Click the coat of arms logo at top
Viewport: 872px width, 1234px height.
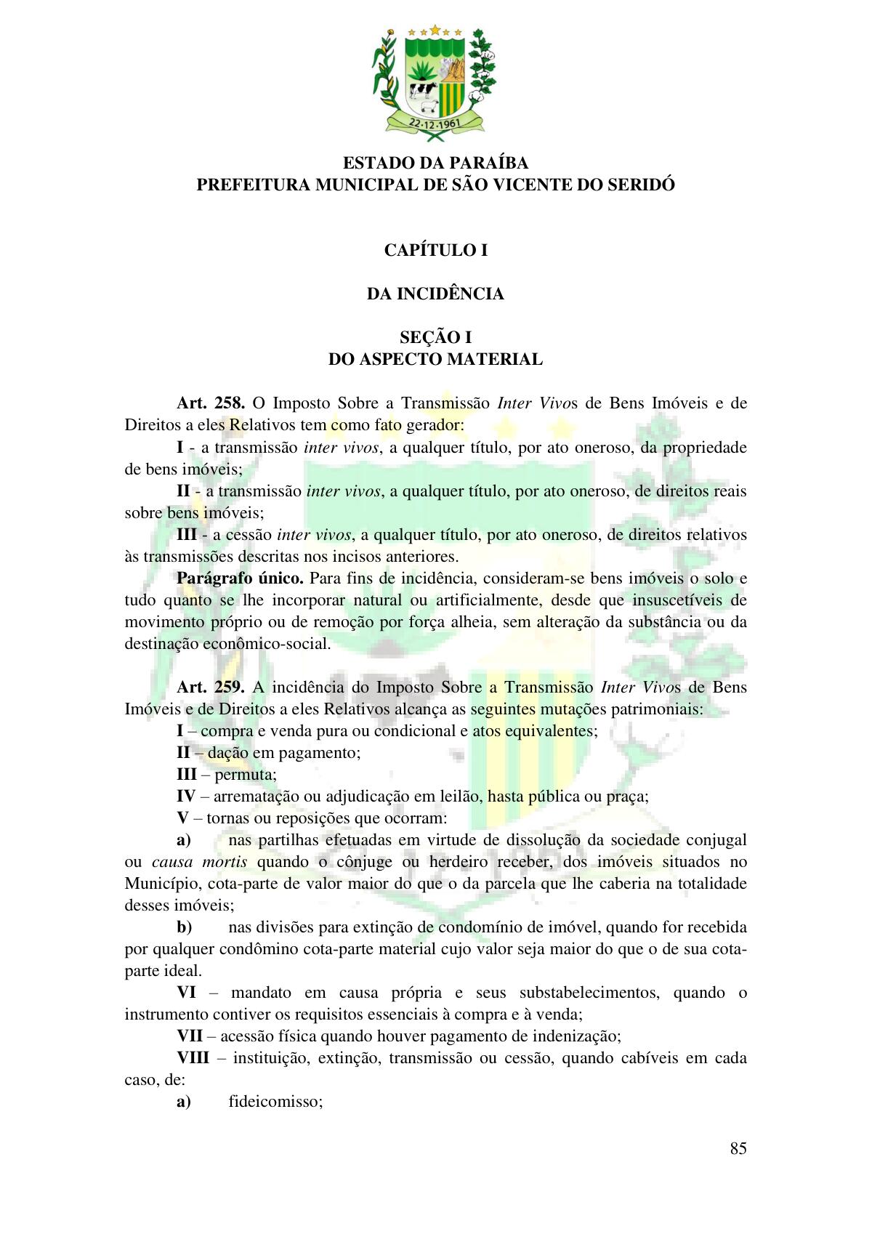435,79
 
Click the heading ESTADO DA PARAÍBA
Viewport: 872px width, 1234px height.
435,163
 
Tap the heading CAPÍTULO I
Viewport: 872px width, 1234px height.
435,250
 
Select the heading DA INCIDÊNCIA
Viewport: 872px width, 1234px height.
435,294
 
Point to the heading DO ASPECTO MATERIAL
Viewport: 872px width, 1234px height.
435,359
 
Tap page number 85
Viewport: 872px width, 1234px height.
738,1148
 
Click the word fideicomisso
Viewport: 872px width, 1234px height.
275,1101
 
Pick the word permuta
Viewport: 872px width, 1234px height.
246,774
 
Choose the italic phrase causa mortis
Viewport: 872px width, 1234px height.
200,862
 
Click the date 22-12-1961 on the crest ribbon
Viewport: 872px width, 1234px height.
435,122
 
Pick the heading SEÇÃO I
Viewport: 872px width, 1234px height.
435,337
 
